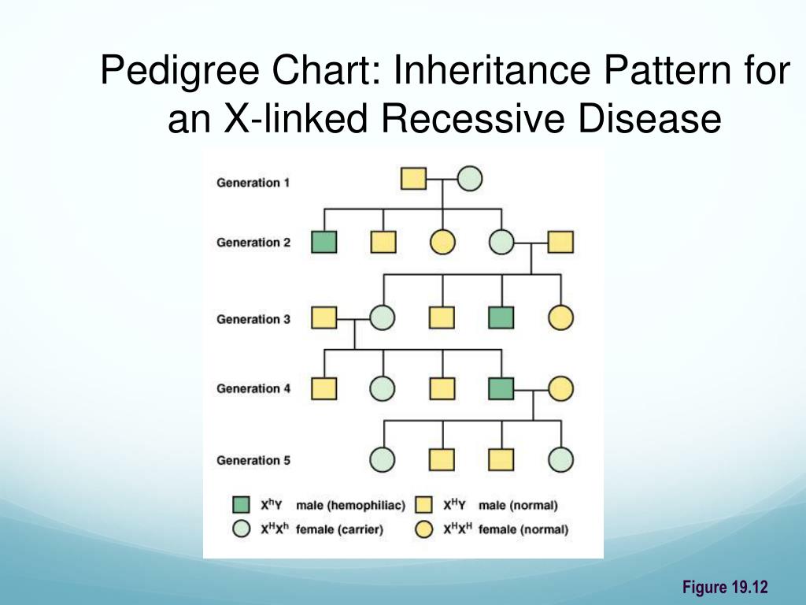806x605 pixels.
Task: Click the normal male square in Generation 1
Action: click(x=413, y=180)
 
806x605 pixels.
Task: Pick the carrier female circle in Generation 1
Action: click(x=470, y=180)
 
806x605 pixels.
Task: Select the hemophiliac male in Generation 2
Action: click(x=324, y=241)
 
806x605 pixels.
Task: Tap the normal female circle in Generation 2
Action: click(x=442, y=241)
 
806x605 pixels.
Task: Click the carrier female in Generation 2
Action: click(x=501, y=241)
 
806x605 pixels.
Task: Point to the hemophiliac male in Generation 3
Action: click(x=501, y=317)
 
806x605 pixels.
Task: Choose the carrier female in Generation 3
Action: click(x=383, y=317)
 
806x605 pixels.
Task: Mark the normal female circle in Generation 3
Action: click(x=560, y=317)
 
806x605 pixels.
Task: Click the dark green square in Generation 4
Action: click(x=501, y=388)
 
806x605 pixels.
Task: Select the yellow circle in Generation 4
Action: click(x=560, y=388)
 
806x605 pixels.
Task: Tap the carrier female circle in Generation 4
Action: click(x=383, y=388)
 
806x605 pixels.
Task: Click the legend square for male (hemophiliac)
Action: click(x=243, y=505)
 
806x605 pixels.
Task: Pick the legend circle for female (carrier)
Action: click(x=243, y=529)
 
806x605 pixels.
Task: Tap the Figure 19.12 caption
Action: click(x=724, y=587)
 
